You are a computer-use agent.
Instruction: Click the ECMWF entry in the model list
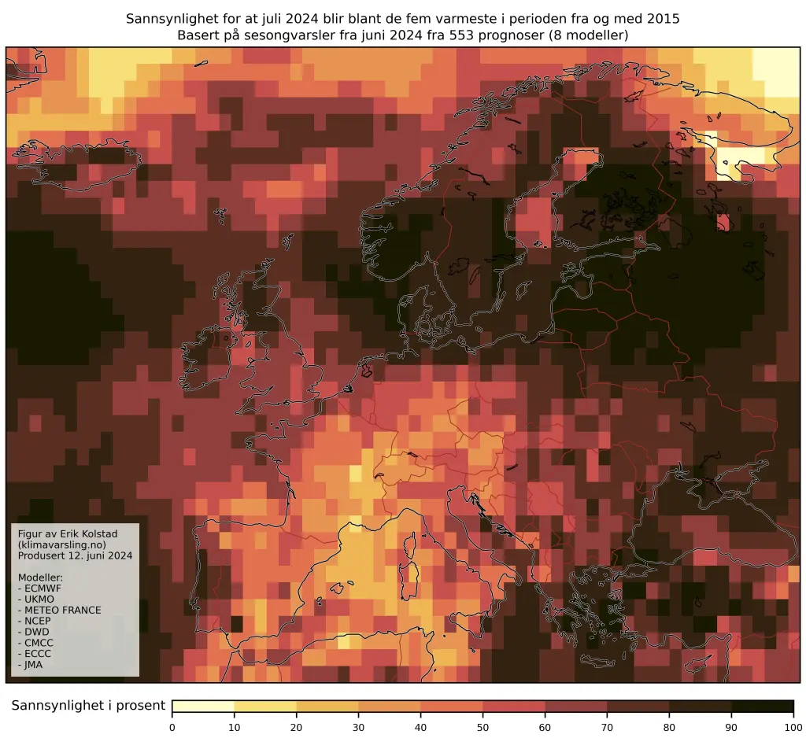[46, 588]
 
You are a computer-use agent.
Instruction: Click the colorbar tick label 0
[172, 726]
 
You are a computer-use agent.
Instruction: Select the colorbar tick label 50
[483, 726]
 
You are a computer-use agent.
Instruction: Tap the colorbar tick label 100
[793, 726]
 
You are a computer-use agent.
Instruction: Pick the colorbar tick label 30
[359, 726]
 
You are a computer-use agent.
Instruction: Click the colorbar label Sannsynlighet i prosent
[88, 706]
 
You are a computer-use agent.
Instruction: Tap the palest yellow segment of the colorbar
[203, 706]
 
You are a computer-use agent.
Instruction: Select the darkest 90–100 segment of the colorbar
[762, 706]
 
